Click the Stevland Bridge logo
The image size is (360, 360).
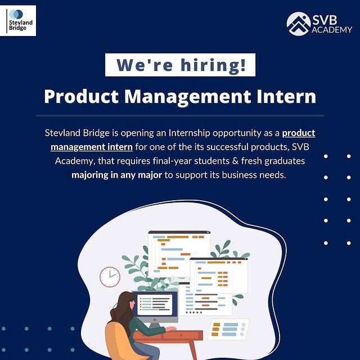[x=20, y=20]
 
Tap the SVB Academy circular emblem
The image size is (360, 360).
[x=298, y=24]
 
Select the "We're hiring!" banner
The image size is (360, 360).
[x=180, y=65]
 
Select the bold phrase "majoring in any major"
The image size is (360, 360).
[x=116, y=175]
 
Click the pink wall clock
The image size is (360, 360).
[x=110, y=276]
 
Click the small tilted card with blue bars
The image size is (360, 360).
[x=229, y=329]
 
